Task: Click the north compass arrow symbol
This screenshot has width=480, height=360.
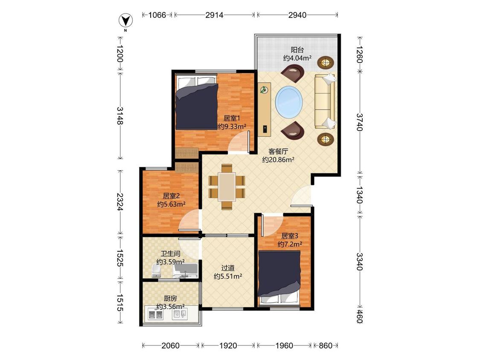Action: pyautogui.click(x=125, y=21)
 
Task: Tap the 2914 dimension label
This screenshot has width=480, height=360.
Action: pyautogui.click(x=214, y=15)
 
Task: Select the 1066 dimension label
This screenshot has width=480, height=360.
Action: pyautogui.click(x=157, y=15)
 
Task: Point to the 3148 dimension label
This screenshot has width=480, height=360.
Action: pyautogui.click(x=120, y=116)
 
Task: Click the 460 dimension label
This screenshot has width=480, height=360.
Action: pyautogui.click(x=360, y=316)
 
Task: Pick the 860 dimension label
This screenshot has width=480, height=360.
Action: pyautogui.click(x=326, y=345)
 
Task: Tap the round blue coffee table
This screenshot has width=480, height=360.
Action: pyautogui.click(x=289, y=102)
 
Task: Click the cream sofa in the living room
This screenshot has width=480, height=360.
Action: pyautogui.click(x=326, y=102)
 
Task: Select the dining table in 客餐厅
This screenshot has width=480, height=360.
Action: pyautogui.click(x=227, y=187)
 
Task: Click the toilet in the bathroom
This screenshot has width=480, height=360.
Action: pyautogui.click(x=157, y=272)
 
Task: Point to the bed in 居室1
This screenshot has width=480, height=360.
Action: pyautogui.click(x=197, y=102)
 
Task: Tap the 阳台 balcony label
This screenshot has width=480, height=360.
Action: pyautogui.click(x=297, y=49)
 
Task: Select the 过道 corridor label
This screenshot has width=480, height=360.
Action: pyautogui.click(x=228, y=268)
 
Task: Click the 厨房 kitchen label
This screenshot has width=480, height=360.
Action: pyautogui.click(x=170, y=298)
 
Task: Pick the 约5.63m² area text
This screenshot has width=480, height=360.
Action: pyautogui.click(x=171, y=204)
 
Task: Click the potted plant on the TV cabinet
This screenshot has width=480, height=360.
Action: pyautogui.click(x=263, y=90)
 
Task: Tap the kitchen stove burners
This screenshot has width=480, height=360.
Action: pyautogui.click(x=155, y=314)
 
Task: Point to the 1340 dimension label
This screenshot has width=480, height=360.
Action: pyautogui.click(x=360, y=195)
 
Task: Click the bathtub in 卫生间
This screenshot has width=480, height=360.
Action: pyautogui.click(x=186, y=272)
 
